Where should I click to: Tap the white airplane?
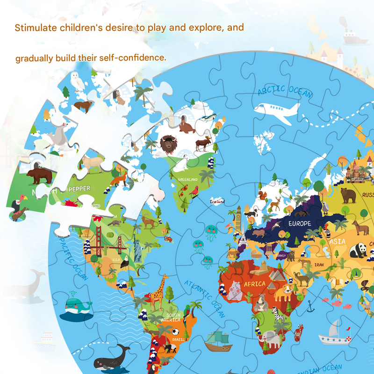click(276, 111)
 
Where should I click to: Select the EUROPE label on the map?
click(299, 223)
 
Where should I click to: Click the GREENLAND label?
click(187, 179)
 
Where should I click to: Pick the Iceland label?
click(217, 201)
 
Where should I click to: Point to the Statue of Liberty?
click(137, 248)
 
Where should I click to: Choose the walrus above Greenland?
click(187, 125)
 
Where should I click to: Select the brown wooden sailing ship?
click(219, 340)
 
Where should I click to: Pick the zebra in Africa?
click(279, 316)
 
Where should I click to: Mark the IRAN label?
click(318, 264)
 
